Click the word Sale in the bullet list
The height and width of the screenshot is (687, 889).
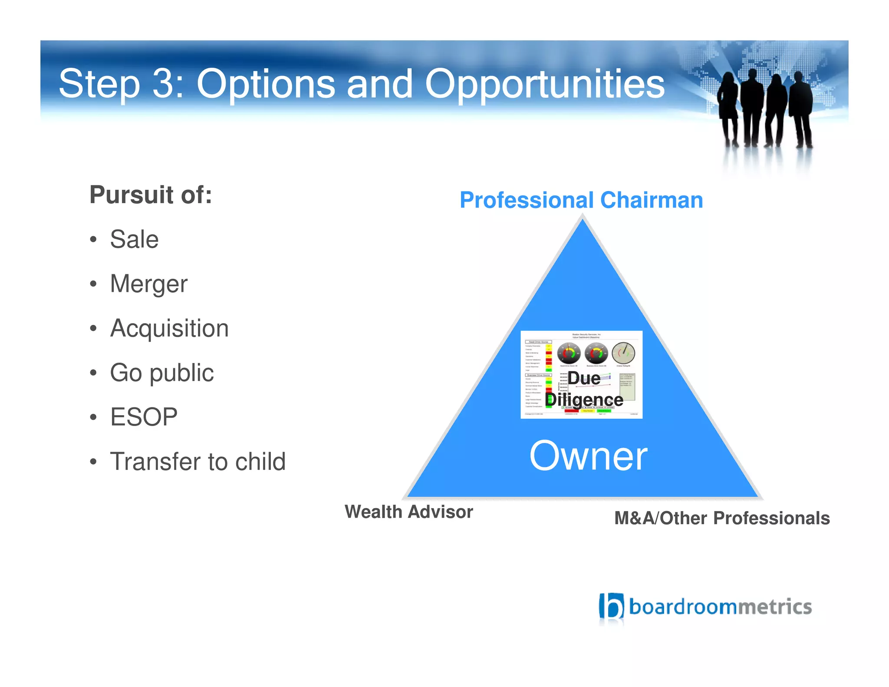pos(134,239)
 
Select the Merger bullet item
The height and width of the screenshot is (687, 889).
pos(148,284)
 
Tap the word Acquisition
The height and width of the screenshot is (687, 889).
pos(169,328)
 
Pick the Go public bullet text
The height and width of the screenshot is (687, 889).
pos(161,373)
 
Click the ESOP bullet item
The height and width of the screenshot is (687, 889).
pos(144,417)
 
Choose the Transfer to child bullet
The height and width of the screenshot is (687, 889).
pos(198,462)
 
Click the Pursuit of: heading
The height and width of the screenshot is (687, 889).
pos(151,195)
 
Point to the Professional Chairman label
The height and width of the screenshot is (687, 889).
pos(581,200)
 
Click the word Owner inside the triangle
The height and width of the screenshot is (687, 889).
pos(588,456)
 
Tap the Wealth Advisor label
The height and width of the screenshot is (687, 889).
pos(408,512)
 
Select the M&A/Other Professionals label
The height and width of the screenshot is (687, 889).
pos(722,519)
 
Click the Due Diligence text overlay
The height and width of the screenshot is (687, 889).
pos(584,389)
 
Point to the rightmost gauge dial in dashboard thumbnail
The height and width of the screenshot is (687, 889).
pos(623,353)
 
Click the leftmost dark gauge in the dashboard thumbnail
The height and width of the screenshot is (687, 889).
pos(569,353)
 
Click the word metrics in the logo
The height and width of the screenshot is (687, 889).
pos(775,607)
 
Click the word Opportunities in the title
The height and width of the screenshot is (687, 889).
pos(544,85)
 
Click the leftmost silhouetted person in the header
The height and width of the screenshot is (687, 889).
pos(728,109)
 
